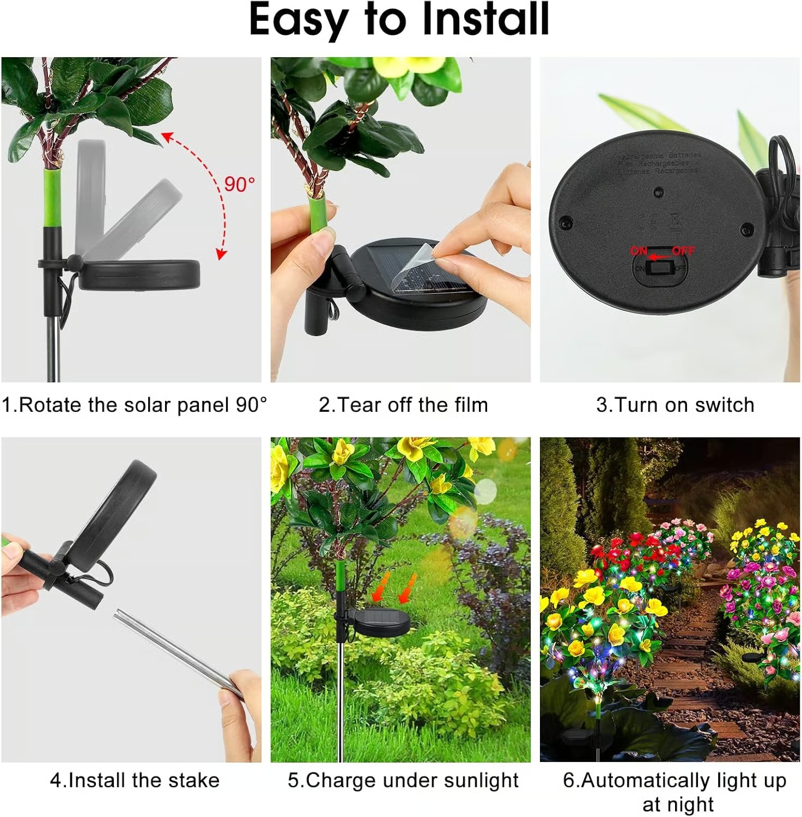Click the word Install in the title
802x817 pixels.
coord(485,20)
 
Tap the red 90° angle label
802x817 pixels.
coord(239,184)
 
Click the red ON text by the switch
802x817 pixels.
coord(639,251)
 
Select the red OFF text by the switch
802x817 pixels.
coord(683,251)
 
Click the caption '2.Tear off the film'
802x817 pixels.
coord(403,405)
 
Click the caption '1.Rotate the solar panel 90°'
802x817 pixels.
coord(134,405)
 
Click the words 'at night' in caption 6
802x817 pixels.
coord(677,804)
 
